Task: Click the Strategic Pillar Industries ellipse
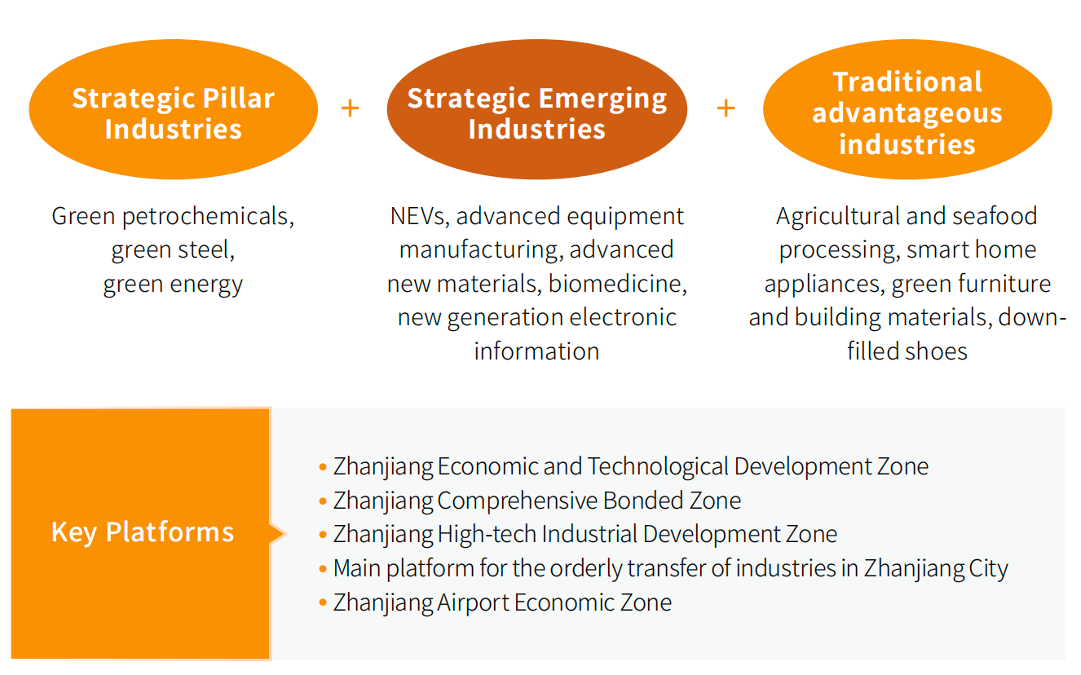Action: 174,109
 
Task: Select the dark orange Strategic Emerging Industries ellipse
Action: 536,109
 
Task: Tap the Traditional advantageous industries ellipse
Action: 907,109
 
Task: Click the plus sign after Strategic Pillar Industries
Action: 350,108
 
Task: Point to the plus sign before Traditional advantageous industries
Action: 726,108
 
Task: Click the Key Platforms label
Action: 143,532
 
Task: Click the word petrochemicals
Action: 208,217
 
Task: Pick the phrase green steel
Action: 173,250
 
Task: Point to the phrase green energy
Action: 173,285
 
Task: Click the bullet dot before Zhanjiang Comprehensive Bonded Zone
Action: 323,501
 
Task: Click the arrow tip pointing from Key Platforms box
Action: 287,534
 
